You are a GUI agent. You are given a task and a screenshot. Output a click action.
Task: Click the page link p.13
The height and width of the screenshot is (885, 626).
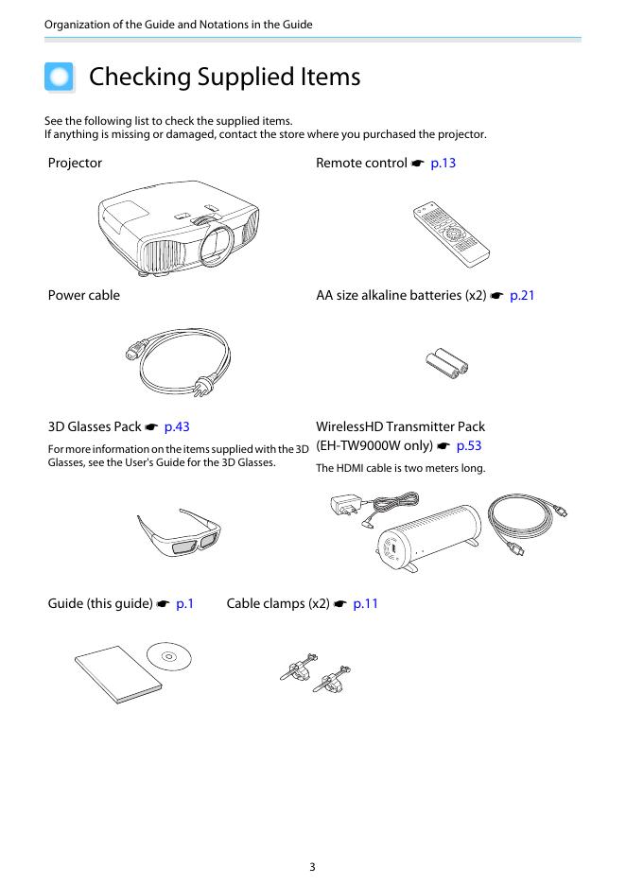pyautogui.click(x=443, y=164)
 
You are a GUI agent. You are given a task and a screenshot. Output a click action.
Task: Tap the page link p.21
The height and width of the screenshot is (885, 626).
pyautogui.click(x=522, y=296)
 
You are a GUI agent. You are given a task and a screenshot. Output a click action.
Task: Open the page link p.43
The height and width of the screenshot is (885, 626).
pyautogui.click(x=177, y=427)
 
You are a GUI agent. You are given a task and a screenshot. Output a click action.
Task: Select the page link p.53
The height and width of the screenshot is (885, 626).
pyautogui.click(x=469, y=445)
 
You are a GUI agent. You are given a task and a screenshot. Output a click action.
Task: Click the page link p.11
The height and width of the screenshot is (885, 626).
pyautogui.click(x=365, y=603)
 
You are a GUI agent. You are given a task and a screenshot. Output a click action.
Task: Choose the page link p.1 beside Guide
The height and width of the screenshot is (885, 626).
pyautogui.click(x=184, y=603)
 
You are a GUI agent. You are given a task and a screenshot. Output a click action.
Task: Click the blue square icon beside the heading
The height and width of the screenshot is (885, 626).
pyautogui.click(x=60, y=77)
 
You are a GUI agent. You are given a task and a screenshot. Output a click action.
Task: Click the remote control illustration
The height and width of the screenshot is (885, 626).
pyautogui.click(x=450, y=231)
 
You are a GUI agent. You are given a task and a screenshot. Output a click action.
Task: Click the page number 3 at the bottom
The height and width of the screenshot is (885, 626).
pyautogui.click(x=312, y=866)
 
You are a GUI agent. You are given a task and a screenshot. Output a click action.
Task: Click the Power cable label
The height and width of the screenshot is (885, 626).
pyautogui.click(x=84, y=296)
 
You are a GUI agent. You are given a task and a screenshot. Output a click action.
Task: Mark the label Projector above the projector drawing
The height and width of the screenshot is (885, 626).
pyautogui.click(x=75, y=164)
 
